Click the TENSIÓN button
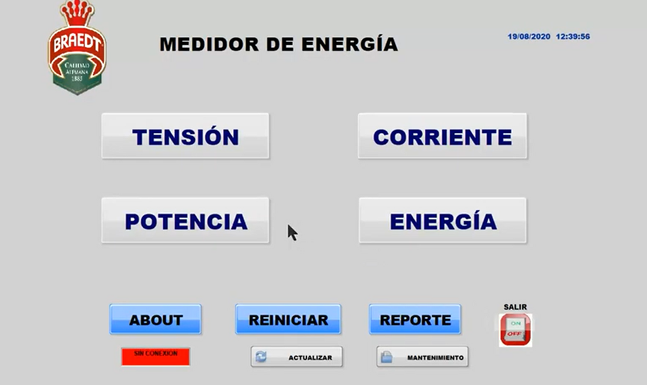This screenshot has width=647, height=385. pos(185,136)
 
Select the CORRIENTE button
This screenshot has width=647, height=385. pos(442,136)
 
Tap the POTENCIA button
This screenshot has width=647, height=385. pos(185,221)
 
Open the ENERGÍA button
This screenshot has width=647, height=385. pos(443,221)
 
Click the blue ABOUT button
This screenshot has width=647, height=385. pos(155,319)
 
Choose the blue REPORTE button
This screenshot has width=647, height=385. pos(415,319)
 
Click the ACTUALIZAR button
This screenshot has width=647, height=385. pos(297,357)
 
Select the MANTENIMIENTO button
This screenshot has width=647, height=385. pos(423,357)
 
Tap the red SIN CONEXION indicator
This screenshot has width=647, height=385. pos(155,357)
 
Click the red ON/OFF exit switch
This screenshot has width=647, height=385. pos(516,330)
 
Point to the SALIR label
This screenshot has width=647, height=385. pos(515,307)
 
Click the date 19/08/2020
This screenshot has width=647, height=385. pos(529,37)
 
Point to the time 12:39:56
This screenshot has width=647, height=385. pos(573,37)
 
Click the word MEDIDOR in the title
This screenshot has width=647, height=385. pos(209,45)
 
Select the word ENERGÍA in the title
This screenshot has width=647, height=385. pos(350,44)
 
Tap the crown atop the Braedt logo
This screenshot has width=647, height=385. pos(77,13)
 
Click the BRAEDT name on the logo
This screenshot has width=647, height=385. pos(77,43)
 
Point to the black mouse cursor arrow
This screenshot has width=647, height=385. pos(292,232)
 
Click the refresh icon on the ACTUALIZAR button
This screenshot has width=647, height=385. pos(261,357)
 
